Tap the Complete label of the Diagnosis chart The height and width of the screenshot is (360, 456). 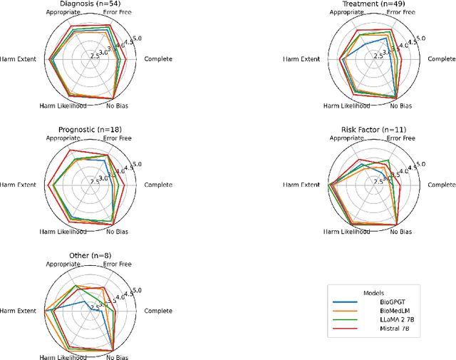(x=158, y=58)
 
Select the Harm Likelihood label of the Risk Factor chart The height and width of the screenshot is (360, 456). (x=346, y=232)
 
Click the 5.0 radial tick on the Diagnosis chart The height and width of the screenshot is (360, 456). (x=137, y=38)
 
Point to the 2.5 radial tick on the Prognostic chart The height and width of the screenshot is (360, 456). (x=94, y=182)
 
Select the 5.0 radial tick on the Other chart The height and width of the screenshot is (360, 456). (x=137, y=290)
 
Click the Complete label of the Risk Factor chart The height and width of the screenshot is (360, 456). (x=442, y=185)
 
